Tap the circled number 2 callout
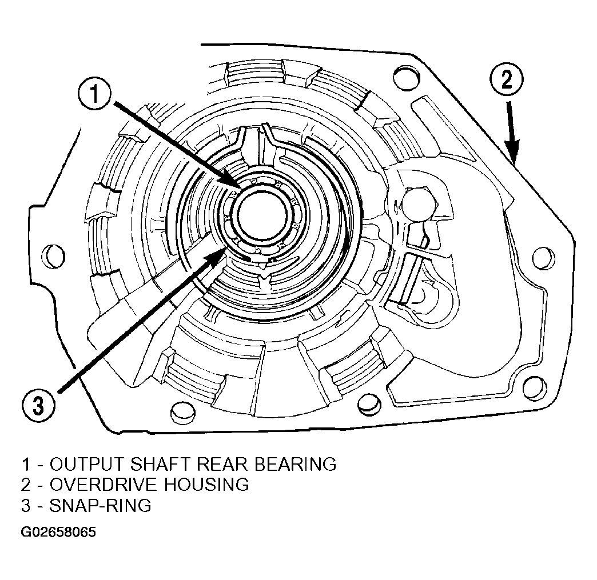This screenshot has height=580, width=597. click(507, 80)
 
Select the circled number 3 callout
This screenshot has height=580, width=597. click(38, 406)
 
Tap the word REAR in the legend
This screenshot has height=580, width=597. click(223, 465)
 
